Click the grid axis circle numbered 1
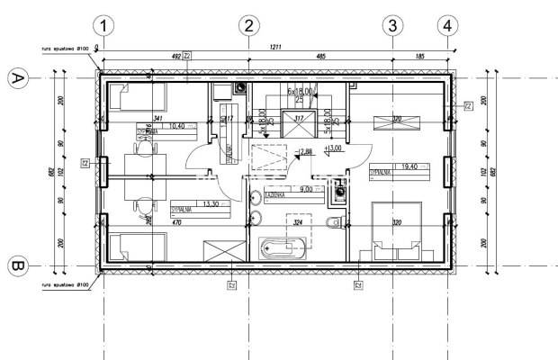point(106,26)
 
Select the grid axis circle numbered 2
point(249,26)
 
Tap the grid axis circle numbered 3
point(391,26)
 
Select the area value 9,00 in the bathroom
point(306,190)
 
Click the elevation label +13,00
point(334,148)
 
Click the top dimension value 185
point(419,56)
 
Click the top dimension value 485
point(320,56)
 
